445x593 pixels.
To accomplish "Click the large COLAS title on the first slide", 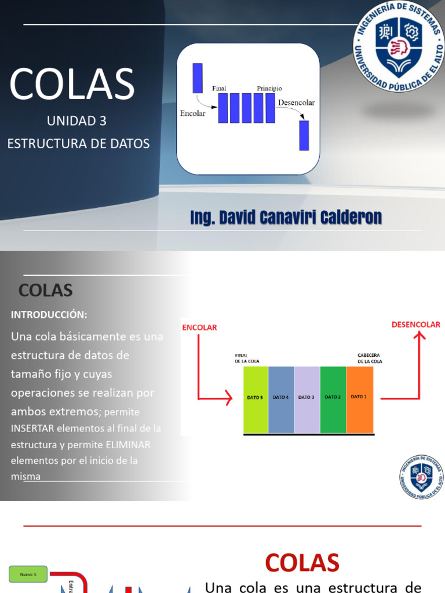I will coord(72,85).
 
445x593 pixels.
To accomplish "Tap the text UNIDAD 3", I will coord(77,121).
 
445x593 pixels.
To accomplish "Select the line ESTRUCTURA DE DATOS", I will coord(78,143).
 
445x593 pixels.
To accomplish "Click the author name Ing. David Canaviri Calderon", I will coord(286,218).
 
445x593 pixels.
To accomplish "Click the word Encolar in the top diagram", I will coord(193,114).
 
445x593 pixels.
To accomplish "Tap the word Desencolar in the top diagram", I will coord(296,103).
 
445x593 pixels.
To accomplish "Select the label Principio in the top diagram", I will coord(269,89).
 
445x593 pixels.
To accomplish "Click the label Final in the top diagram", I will coord(219,89).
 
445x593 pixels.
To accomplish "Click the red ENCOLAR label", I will coord(199,327).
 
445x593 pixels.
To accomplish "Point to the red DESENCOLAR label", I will coord(415,325).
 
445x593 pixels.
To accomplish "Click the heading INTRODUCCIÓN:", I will coord(49,314).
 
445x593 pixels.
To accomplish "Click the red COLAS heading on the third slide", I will coord(302,563).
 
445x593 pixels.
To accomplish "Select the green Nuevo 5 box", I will coord(28,574).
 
